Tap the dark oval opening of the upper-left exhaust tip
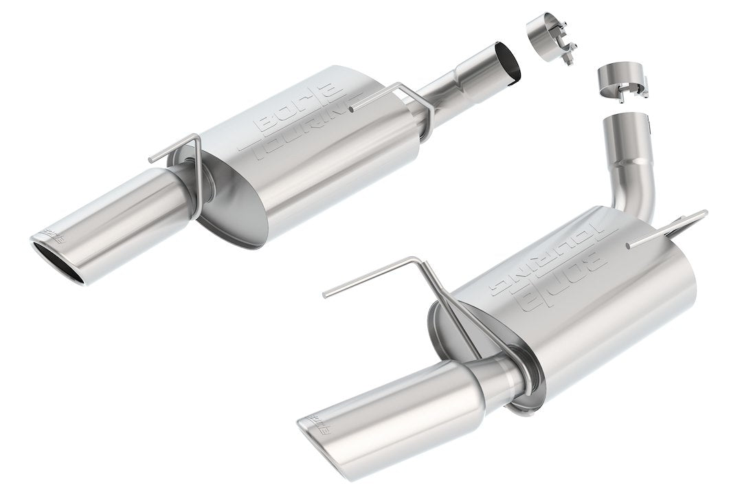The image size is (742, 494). tap(58, 260)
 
